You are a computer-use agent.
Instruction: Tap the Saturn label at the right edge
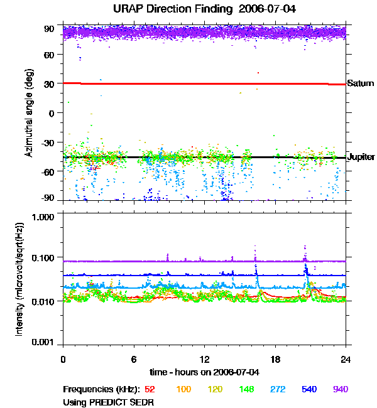(359, 83)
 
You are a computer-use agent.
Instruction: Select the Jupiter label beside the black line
(361, 157)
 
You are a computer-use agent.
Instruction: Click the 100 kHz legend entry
(183, 389)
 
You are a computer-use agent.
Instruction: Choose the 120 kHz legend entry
(215, 389)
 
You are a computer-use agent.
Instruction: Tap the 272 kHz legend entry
(278, 389)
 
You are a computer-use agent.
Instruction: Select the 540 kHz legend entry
(309, 389)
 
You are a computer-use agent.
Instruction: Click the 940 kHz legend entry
(341, 389)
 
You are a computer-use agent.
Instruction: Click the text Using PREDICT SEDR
(109, 401)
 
